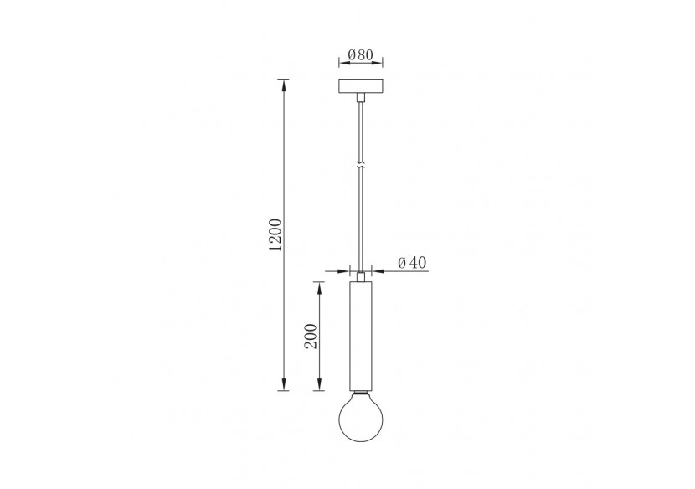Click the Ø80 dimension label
click(x=360, y=55)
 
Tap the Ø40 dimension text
click(x=412, y=263)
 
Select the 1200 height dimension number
click(x=277, y=235)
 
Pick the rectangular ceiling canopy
click(x=360, y=86)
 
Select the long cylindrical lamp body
click(x=360, y=335)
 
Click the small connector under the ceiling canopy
click(x=360, y=99)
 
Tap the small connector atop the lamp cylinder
click(x=360, y=275)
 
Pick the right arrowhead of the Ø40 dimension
click(x=375, y=270)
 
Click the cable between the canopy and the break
click(x=360, y=130)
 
